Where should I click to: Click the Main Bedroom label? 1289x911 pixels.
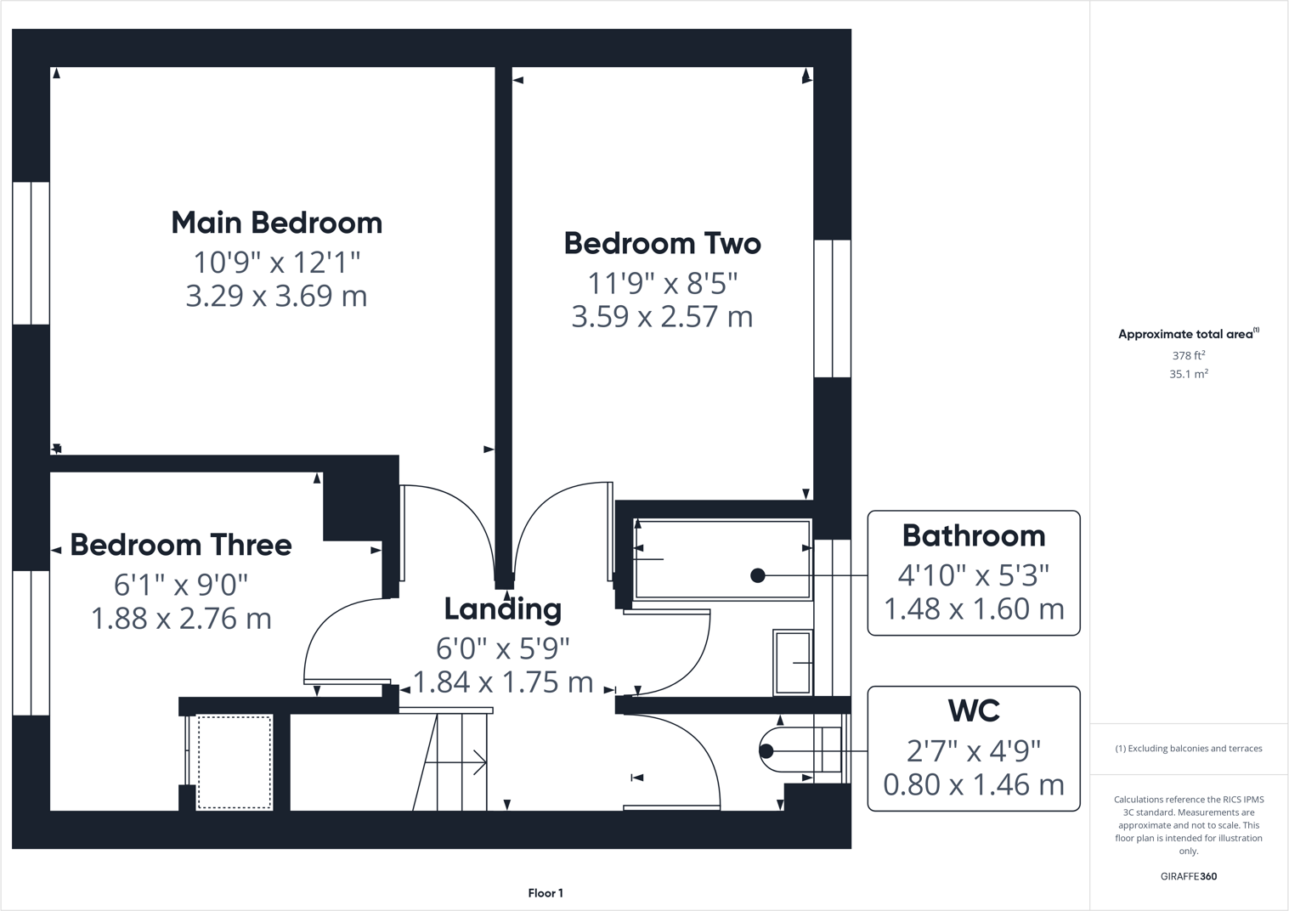(276, 223)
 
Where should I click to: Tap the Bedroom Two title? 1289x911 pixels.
(662, 243)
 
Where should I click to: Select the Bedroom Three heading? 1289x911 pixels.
(180, 545)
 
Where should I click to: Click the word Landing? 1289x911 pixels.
(503, 608)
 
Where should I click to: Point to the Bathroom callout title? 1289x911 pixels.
(973, 535)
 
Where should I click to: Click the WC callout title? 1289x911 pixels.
(973, 710)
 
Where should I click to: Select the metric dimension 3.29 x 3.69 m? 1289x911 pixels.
(276, 296)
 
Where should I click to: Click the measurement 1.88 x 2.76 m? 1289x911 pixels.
(180, 618)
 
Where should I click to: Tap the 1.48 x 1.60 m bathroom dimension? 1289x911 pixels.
(973, 608)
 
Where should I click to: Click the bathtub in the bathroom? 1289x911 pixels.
(722, 559)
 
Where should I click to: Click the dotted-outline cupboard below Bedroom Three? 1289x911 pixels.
(235, 761)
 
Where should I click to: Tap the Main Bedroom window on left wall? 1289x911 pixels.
(31, 252)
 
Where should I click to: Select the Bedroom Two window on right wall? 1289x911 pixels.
(832, 308)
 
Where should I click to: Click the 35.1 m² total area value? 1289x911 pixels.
(1188, 374)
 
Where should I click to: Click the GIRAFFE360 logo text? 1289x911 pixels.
(1188, 876)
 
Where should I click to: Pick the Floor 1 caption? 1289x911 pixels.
(546, 893)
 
